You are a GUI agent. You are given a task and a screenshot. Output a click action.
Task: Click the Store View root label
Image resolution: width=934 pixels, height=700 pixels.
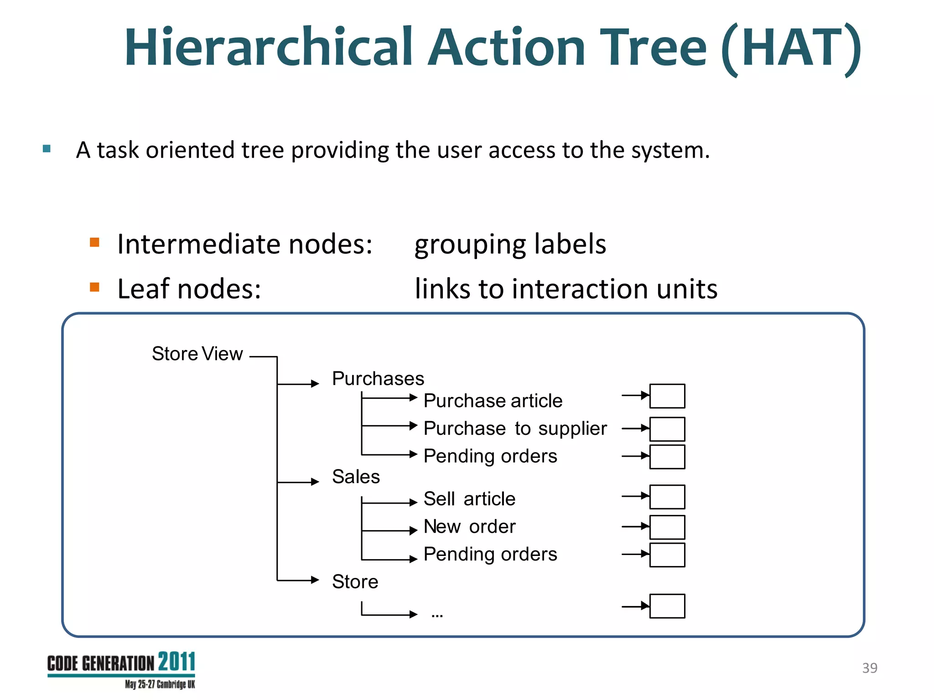(197, 354)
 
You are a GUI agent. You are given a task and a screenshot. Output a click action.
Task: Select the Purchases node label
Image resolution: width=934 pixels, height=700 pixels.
(378, 379)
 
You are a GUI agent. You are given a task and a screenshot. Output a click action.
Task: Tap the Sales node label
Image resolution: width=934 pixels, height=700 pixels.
(356, 477)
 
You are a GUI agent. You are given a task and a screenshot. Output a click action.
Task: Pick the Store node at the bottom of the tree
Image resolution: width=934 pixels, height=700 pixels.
(355, 582)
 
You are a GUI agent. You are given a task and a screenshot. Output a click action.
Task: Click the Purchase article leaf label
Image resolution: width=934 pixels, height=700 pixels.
(493, 401)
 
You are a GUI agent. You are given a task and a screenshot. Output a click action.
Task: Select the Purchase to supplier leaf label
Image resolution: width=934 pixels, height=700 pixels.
(515, 428)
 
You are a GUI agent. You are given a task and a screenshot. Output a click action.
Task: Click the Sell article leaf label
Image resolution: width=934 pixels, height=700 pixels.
(469, 499)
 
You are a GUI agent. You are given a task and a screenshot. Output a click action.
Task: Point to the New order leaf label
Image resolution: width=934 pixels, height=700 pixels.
(469, 527)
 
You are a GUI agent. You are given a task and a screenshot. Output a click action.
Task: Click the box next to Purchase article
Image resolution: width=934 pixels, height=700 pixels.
(667, 396)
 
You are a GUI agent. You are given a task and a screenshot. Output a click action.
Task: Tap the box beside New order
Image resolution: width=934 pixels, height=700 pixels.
(667, 527)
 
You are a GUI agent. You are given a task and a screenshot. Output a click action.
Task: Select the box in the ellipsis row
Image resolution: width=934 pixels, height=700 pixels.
(667, 606)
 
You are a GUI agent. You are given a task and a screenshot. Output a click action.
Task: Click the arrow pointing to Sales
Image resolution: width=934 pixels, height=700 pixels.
(299, 482)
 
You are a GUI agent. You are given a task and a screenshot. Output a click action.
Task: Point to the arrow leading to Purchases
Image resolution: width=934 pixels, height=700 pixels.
(299, 384)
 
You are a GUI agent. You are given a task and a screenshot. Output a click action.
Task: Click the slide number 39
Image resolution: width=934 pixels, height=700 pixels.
(869, 668)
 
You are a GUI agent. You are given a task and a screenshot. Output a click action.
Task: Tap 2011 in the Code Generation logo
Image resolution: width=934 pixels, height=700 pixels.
(176, 662)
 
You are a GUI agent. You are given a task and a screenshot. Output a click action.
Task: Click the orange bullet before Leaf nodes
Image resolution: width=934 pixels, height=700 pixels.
(94, 287)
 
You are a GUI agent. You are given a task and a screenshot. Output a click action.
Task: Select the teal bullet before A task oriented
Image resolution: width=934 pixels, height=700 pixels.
(47, 149)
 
